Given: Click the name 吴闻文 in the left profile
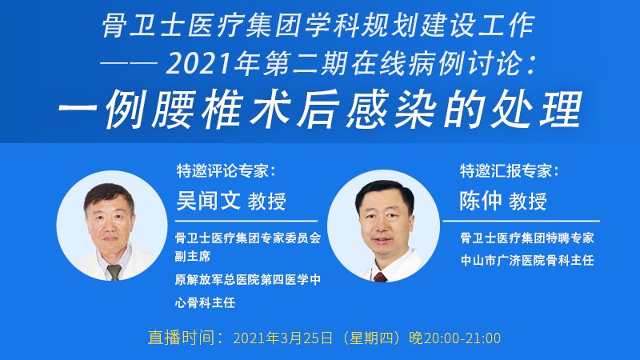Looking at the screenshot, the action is click(208, 201).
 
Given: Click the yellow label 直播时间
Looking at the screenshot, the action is click(182, 338).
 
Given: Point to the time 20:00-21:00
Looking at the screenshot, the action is click(462, 338).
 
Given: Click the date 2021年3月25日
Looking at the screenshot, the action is click(282, 338).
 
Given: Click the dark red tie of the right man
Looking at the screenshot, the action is click(380, 277).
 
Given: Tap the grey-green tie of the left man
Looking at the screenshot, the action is click(114, 272).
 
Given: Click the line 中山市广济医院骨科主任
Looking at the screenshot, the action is click(527, 261).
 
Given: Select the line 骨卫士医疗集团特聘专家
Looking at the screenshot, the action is click(527, 238).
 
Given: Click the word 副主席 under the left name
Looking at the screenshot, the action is click(193, 256).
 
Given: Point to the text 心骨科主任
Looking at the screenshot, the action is click(205, 302).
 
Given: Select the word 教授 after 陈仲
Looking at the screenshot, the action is click(528, 202).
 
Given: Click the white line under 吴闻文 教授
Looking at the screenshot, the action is click(246, 221).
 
